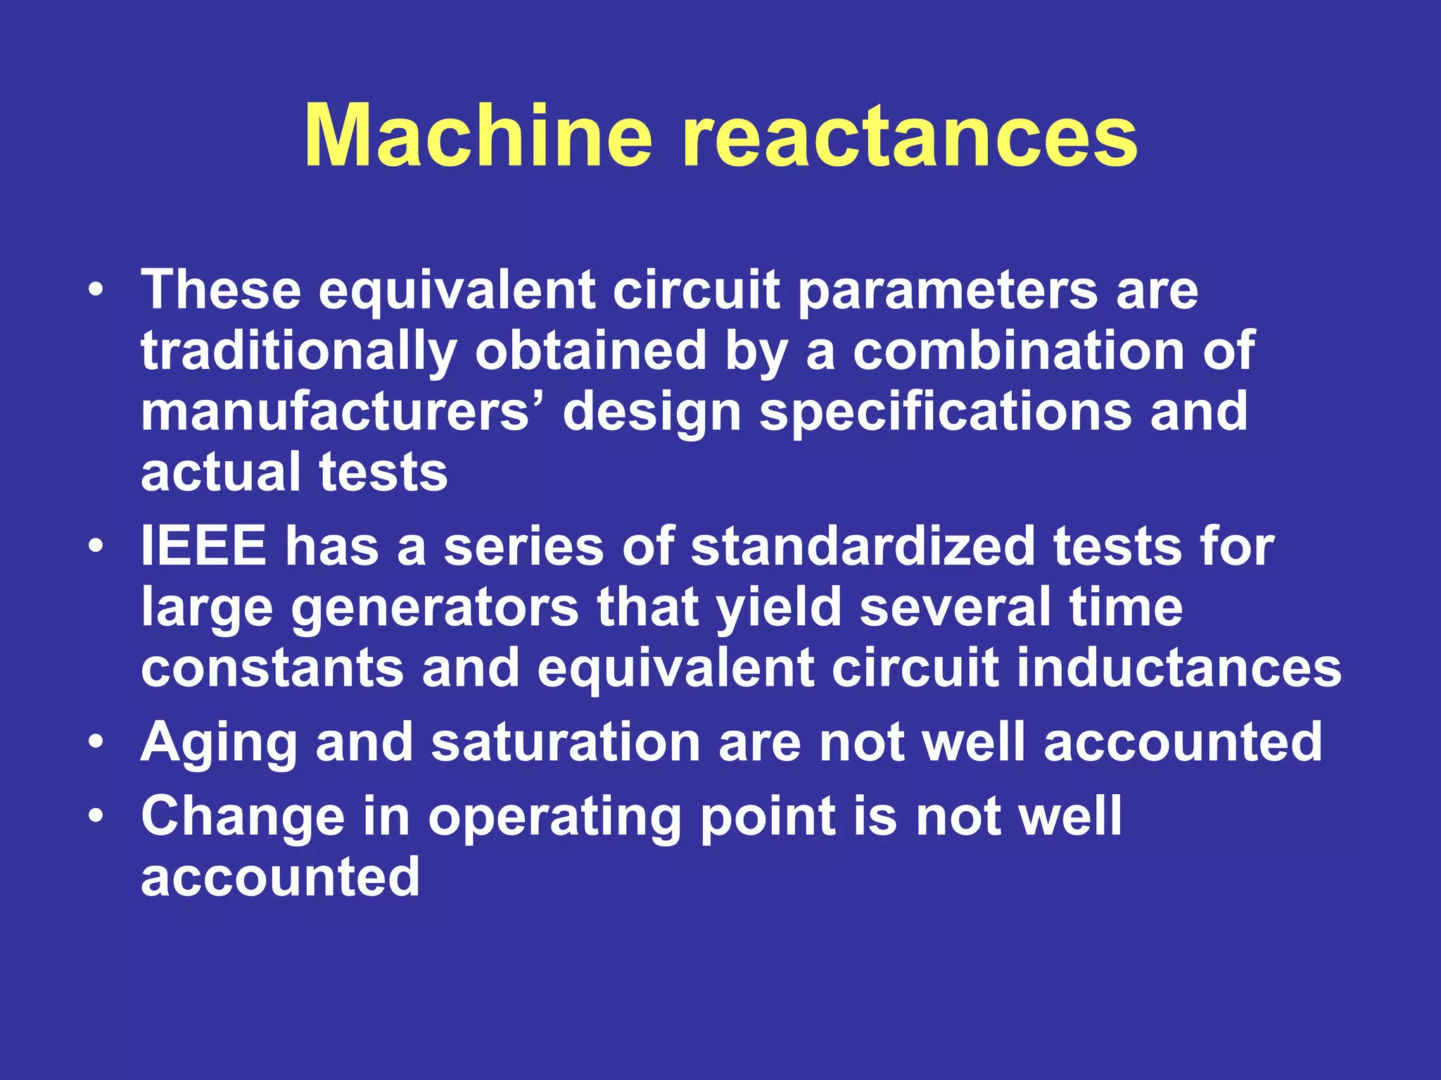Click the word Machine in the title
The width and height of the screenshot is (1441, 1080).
point(478,135)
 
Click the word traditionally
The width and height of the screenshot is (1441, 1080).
point(299,351)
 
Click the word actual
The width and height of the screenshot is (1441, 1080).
point(221,472)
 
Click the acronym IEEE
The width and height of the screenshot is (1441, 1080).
point(203,546)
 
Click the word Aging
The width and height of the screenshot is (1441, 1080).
point(219,743)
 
